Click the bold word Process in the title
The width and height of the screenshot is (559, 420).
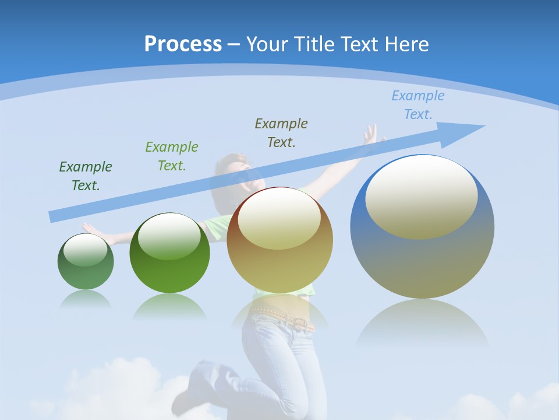pyautogui.click(x=183, y=44)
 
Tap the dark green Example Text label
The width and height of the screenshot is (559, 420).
pyautogui.click(x=86, y=176)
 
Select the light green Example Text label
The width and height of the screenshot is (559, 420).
pyautogui.click(x=172, y=156)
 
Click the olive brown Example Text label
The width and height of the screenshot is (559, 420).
pyautogui.click(x=281, y=132)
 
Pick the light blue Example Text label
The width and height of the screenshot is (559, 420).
pyautogui.click(x=418, y=104)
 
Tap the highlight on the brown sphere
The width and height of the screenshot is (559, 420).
pyautogui.click(x=279, y=218)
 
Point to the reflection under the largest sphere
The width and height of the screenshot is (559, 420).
pyautogui.click(x=422, y=324)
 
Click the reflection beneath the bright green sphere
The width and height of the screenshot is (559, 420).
pyautogui.click(x=169, y=306)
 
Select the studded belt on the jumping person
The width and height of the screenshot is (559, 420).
pyautogui.click(x=283, y=317)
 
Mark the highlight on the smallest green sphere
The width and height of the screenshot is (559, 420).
pyautogui.click(x=85, y=250)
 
